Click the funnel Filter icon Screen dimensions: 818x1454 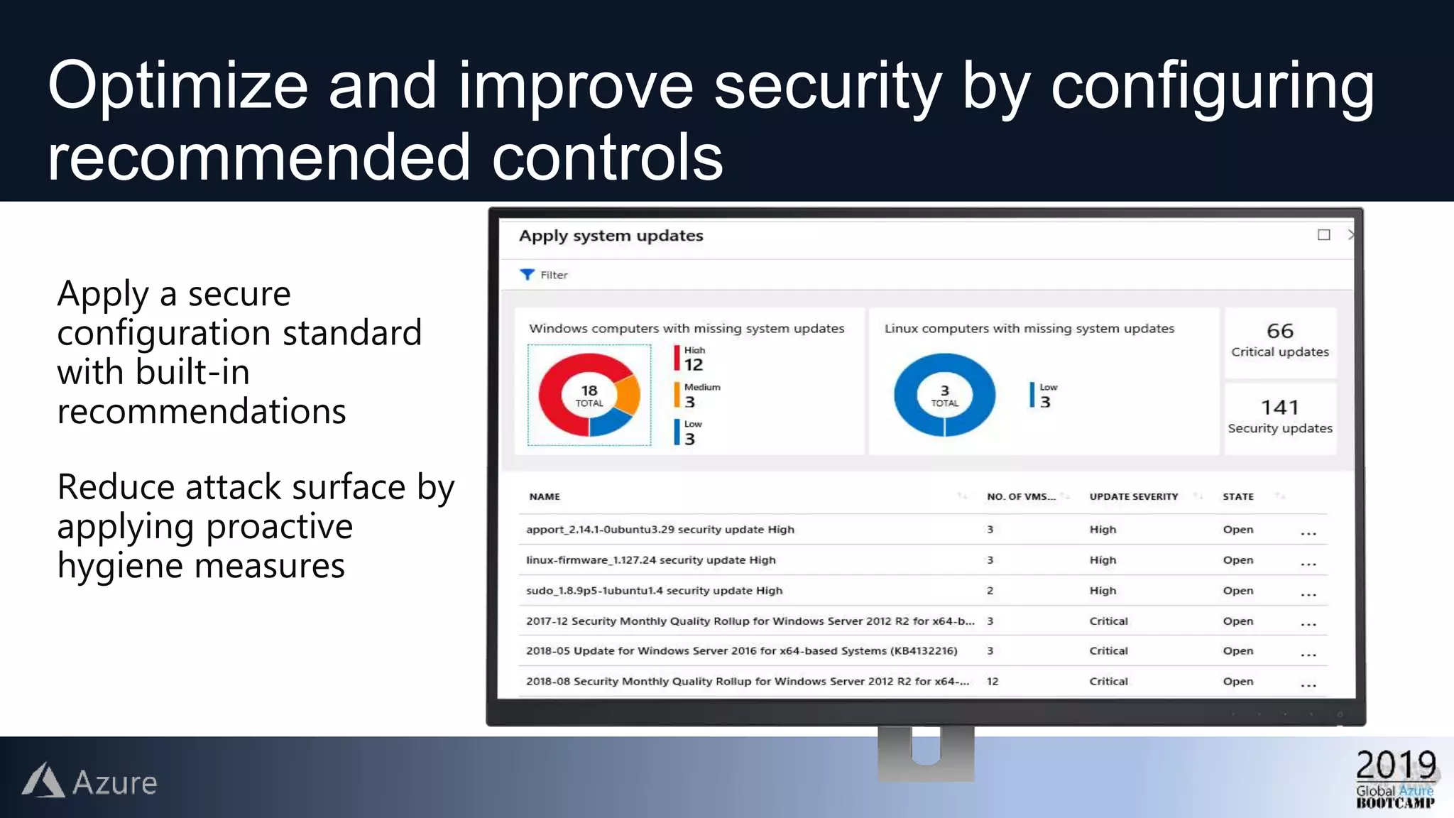(527, 275)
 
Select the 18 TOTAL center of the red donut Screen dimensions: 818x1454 (589, 396)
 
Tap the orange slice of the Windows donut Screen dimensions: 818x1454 (628, 395)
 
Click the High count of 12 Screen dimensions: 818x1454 (694, 365)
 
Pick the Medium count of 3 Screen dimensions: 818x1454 (689, 402)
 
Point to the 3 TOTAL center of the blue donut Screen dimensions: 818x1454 (944, 396)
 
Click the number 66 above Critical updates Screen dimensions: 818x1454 (1280, 331)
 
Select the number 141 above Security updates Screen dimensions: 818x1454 (1280, 408)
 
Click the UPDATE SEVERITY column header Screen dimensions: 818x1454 (1134, 497)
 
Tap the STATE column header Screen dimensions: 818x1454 (1238, 497)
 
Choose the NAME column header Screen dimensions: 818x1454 (545, 497)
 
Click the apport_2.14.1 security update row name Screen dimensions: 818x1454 (660, 530)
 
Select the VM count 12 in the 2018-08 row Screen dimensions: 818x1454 (993, 682)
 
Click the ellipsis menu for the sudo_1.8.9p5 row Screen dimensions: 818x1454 (1308, 592)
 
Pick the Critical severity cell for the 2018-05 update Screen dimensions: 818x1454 (1108, 651)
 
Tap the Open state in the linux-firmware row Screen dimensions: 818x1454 (1238, 560)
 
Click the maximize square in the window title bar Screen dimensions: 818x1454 (1324, 235)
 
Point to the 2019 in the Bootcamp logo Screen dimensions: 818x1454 (1396, 765)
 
